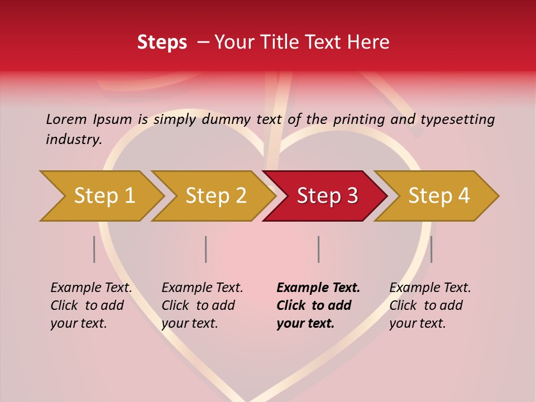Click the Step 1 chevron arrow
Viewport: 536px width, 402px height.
[104, 195]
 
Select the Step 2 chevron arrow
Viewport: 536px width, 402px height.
[216, 195]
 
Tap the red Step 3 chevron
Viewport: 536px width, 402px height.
[327, 195]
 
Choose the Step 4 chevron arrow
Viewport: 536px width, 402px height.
[438, 195]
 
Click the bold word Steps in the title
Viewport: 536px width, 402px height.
[162, 42]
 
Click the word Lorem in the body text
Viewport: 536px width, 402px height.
[66, 119]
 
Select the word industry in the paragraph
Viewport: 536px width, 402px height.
[74, 139]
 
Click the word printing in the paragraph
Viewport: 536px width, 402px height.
[359, 119]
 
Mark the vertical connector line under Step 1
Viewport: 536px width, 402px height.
[94, 249]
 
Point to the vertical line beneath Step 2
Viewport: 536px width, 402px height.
[206, 249]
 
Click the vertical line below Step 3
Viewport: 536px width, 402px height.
[318, 249]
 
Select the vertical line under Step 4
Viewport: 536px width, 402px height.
[431, 249]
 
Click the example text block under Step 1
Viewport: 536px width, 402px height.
[91, 305]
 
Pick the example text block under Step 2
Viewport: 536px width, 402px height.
[202, 305]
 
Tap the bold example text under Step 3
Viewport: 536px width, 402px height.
[318, 305]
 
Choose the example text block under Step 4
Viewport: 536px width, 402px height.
[430, 305]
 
